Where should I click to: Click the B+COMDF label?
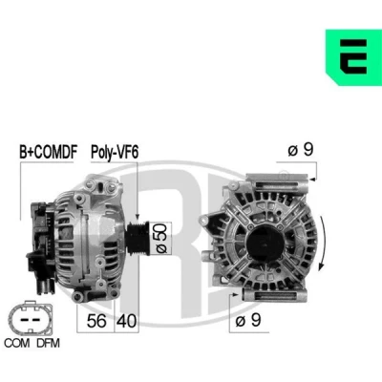pyautogui.click(x=49, y=152)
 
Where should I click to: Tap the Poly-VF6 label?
pyautogui.click(x=115, y=152)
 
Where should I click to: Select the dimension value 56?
pyautogui.click(x=96, y=321)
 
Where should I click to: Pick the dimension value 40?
pyautogui.click(x=126, y=321)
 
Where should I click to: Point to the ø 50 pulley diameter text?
pyautogui.click(x=161, y=238)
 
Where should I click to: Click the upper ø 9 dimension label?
pyautogui.click(x=301, y=149)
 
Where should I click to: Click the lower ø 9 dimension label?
pyautogui.click(x=248, y=320)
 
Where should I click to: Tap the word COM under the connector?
pyautogui.click(x=17, y=343)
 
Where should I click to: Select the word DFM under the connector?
pyautogui.click(x=48, y=343)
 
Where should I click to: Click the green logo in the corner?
pyautogui.click(x=353, y=57)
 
